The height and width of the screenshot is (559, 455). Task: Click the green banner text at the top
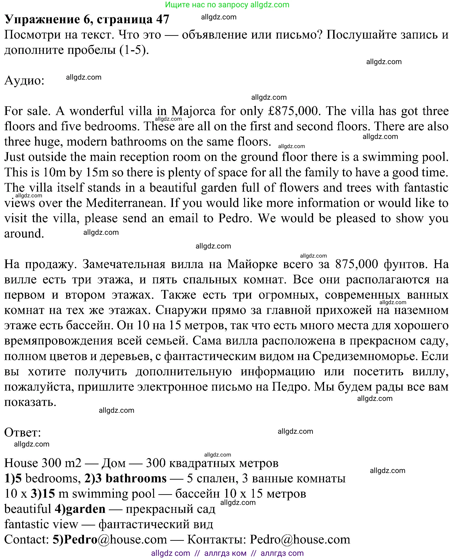click(x=227, y=5)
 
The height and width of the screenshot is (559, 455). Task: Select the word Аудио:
click(x=24, y=81)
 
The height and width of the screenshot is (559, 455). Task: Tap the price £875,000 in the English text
click(x=294, y=111)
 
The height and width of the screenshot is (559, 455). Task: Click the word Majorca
click(x=193, y=111)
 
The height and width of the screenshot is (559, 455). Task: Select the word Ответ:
click(x=23, y=432)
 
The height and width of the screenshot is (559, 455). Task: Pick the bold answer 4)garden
click(x=80, y=509)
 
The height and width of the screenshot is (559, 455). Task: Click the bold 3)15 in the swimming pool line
click(x=43, y=494)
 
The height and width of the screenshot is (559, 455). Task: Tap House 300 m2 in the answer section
click(x=43, y=463)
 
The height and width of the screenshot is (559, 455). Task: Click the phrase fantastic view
click(x=41, y=524)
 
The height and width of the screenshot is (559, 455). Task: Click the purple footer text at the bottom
click(x=227, y=553)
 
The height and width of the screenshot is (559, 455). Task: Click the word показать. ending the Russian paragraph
click(x=30, y=402)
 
